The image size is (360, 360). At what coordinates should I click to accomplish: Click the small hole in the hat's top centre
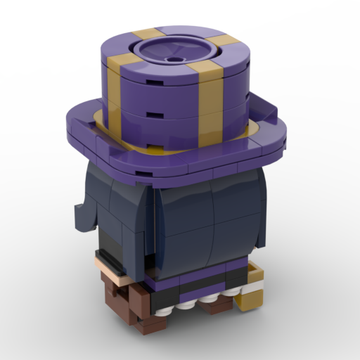(173, 60)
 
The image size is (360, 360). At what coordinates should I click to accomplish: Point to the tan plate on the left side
(112, 275)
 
